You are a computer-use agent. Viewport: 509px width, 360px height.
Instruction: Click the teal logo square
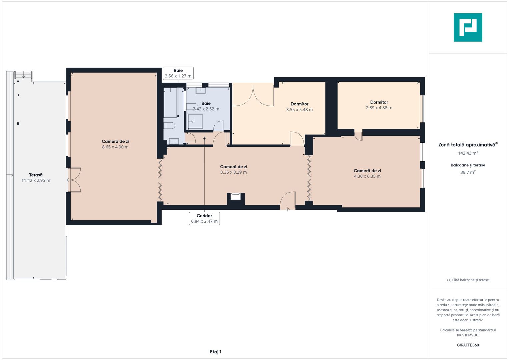468,27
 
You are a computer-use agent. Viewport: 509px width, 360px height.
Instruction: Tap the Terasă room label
36,175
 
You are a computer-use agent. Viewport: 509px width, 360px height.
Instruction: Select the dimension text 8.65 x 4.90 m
115,147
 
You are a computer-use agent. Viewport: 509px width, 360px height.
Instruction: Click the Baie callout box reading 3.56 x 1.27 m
178,73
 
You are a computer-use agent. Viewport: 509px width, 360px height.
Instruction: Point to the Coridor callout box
204,218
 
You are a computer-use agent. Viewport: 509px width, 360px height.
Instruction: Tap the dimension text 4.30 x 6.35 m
367,176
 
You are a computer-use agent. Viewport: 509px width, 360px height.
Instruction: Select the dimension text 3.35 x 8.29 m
233,172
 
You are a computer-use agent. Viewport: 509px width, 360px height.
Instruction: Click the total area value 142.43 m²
468,153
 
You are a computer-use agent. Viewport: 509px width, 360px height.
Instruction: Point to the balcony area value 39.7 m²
468,172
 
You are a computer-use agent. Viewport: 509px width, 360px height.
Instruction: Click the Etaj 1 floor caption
215,352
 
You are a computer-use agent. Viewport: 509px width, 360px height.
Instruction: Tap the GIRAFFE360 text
468,345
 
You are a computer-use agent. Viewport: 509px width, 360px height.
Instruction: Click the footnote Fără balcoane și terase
468,280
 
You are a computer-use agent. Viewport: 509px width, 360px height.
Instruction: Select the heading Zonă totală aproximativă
467,145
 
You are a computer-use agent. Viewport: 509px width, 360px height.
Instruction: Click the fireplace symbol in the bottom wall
236,196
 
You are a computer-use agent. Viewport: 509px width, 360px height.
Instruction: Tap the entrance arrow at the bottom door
287,209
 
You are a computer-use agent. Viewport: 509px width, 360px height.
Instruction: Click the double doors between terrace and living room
74,180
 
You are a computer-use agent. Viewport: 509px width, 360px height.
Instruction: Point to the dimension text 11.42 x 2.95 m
36,180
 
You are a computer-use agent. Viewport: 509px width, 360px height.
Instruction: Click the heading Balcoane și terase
468,165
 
